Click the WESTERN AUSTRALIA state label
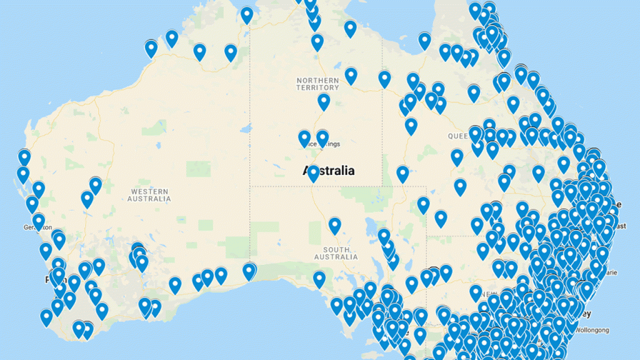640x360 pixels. (149, 194)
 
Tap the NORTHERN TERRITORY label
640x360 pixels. (317, 84)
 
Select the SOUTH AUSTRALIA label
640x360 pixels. (336, 253)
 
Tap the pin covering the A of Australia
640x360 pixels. (313, 172)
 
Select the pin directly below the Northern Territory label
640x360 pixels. (324, 101)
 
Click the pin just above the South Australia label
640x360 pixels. (335, 225)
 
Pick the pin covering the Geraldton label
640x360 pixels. (39, 221)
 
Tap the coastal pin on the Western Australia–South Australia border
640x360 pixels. (249, 271)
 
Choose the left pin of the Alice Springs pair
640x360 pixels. (304, 137)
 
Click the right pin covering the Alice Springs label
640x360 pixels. (322, 137)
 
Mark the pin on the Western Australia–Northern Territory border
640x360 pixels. (247, 15)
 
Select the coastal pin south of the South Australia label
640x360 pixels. (319, 279)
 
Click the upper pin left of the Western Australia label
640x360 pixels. (96, 185)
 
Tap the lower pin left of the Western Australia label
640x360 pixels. (87, 199)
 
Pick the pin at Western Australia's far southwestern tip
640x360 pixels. (46, 317)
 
